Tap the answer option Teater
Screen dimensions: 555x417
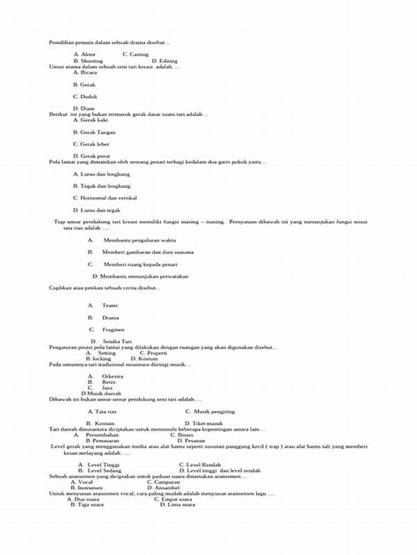point(110,305)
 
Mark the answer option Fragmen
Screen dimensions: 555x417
point(113,329)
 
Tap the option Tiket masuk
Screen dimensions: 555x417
point(206,422)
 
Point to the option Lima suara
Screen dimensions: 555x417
point(179,504)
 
